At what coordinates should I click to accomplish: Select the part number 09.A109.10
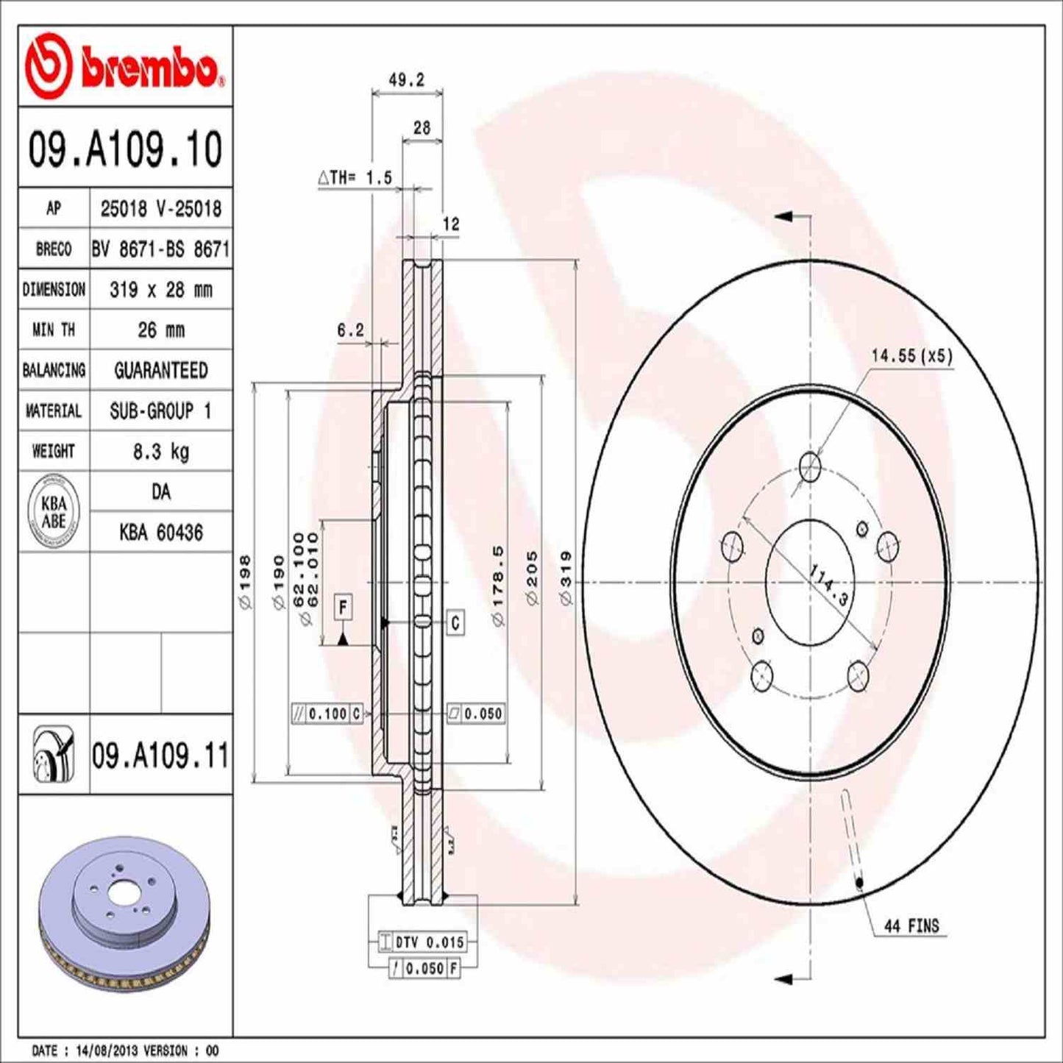pos(125,149)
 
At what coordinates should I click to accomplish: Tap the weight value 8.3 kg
pos(160,451)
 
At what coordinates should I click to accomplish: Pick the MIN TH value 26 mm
pos(160,330)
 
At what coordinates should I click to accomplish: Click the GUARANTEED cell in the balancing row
pos(160,370)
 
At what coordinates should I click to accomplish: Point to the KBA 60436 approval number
pos(160,532)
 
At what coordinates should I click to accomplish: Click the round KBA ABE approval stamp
pos(54,512)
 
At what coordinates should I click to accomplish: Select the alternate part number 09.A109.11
pos(160,756)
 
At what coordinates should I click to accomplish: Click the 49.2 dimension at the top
pos(406,80)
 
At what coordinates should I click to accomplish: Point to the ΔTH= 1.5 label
pos(355,178)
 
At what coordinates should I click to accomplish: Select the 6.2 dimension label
pos(350,330)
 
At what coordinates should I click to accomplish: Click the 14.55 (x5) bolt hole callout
pos(911,356)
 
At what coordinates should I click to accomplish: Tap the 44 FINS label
pos(911,926)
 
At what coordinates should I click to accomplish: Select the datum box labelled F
pos(343,608)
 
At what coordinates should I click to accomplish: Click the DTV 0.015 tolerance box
pos(422,942)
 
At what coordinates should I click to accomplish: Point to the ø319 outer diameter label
pos(566,577)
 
